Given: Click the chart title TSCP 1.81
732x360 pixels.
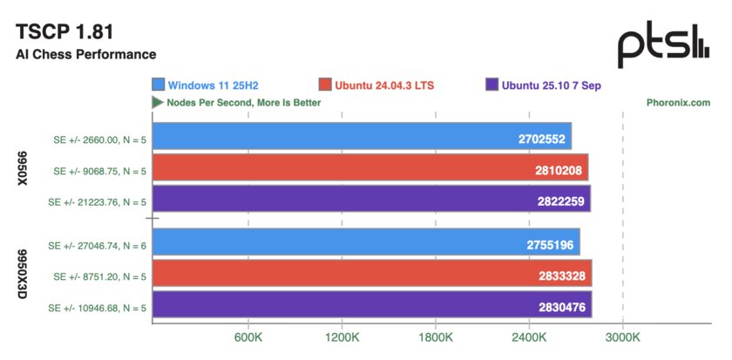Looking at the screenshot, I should pyautogui.click(x=65, y=31).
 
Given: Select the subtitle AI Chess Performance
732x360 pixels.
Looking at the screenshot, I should pyautogui.click(x=85, y=54).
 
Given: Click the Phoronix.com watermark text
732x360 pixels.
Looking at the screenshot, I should pyautogui.click(x=678, y=102).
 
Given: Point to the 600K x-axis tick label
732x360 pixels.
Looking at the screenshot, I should pyautogui.click(x=248, y=336).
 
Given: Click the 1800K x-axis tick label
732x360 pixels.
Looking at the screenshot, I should pyautogui.click(x=436, y=336).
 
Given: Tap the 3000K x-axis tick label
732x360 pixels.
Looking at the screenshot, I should pyautogui.click(x=622, y=336).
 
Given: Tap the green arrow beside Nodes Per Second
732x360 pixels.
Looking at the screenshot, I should pyautogui.click(x=157, y=102).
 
